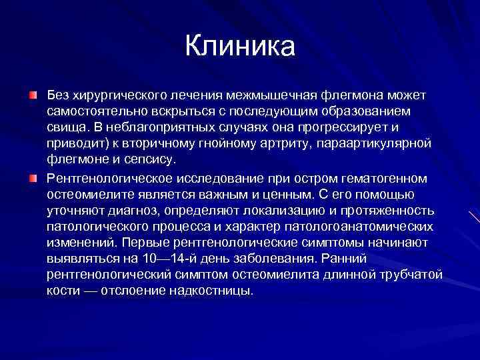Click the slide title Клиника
click(239, 46)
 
